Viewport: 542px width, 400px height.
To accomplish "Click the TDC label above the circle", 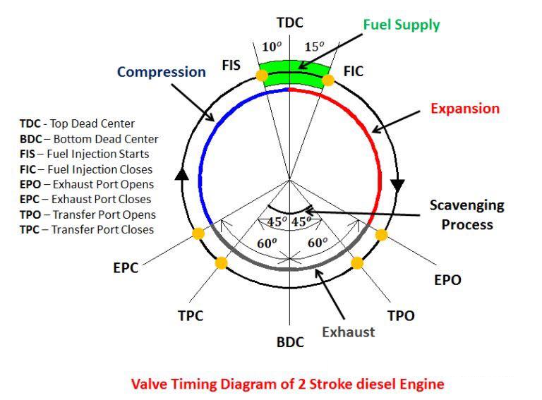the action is click(x=290, y=23).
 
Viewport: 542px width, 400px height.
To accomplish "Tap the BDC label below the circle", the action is click(x=290, y=342).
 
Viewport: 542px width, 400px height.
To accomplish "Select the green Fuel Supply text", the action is click(x=402, y=25).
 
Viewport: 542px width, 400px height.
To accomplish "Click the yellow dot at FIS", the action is click(x=262, y=75).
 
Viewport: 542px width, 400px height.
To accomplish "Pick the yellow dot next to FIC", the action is click(x=328, y=80).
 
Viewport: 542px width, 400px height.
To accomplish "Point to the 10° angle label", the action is click(x=272, y=47).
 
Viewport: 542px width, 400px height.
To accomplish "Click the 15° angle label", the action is click(x=314, y=47).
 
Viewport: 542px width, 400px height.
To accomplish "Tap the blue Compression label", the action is click(x=162, y=72).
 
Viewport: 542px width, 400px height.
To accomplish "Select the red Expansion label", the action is click(x=465, y=109).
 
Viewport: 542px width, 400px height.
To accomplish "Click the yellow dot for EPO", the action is click(x=382, y=235).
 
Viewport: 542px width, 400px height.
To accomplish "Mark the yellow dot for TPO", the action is click(x=357, y=263).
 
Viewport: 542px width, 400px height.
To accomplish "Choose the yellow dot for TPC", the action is click(x=221, y=263).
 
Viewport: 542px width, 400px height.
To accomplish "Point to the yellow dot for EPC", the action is click(x=198, y=234).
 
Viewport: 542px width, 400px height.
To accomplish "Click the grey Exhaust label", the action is click(x=349, y=332).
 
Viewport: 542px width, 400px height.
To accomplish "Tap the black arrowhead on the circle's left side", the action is click(x=181, y=174).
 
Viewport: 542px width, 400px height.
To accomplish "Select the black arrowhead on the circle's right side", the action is click(x=397, y=186).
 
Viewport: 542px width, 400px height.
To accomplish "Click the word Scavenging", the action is click(x=467, y=205).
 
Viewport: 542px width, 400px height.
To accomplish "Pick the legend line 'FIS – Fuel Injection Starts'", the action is click(x=85, y=154).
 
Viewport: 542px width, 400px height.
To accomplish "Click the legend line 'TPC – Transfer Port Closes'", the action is click(x=87, y=230).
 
